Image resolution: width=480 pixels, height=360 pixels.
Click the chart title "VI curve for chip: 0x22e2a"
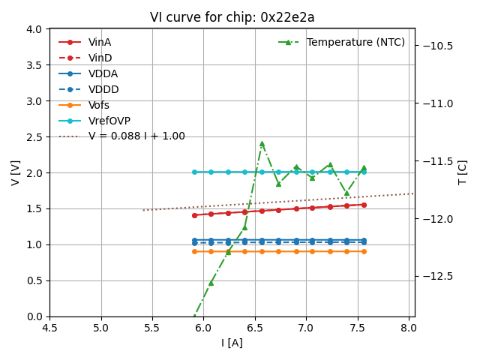pos(232,17)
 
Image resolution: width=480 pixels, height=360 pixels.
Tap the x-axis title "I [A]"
pos(232,343)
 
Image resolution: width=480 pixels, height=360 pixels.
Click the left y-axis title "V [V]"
pos(16,172)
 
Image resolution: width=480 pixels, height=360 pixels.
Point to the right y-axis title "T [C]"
pos(462,172)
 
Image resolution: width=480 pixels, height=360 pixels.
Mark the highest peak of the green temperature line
pos(262,143)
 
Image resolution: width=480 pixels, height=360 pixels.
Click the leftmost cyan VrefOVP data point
pos(194,172)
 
